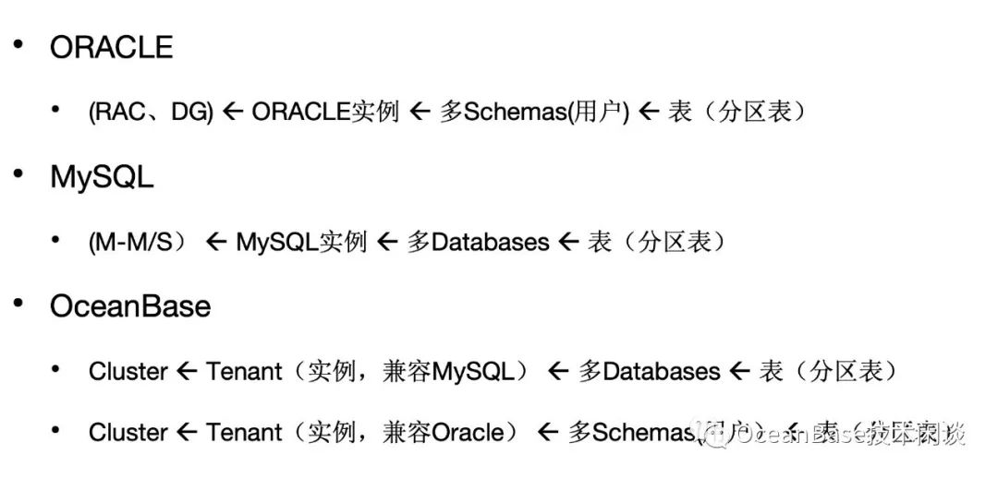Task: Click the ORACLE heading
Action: point(111,47)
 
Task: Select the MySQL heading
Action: point(102,177)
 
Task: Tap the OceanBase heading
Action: point(130,306)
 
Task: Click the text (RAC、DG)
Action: point(151,113)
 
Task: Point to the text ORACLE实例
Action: point(324,113)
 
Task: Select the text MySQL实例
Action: point(301,243)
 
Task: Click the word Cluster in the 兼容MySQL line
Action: point(128,372)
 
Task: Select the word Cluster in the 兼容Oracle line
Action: point(128,433)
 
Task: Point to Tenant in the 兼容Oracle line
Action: point(244,433)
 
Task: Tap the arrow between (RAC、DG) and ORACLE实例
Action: point(233,113)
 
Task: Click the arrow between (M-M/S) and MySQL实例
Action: point(217,243)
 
